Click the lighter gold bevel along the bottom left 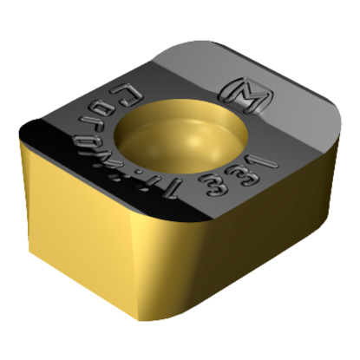coord(104,278)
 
